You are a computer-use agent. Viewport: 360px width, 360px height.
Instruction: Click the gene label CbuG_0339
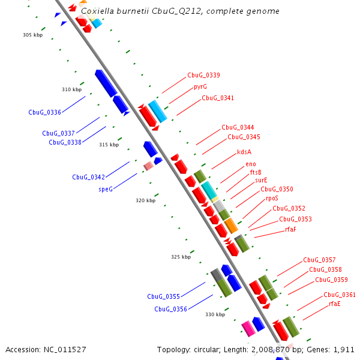pos(203,76)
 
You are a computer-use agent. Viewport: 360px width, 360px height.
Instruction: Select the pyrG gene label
pos(200,86)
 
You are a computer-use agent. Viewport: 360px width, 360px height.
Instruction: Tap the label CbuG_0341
pos(218,98)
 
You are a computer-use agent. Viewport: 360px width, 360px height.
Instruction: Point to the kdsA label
pos(244,152)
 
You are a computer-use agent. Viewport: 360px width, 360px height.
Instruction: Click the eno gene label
pos(251,164)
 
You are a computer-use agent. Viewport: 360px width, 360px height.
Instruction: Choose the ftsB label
pos(256,172)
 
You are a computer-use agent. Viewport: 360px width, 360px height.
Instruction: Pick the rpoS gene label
pos(272,198)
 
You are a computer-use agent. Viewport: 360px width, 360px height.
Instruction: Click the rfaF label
pos(291,229)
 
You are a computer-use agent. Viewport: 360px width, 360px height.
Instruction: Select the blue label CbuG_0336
pos(44,112)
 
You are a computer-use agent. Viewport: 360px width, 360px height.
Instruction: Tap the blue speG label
pos(106,188)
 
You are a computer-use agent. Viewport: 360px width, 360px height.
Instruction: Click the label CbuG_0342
pos(88,177)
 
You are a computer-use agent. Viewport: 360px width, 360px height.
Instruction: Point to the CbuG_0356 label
pos(170,309)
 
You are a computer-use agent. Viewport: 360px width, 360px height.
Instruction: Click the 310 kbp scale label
pos(71,89)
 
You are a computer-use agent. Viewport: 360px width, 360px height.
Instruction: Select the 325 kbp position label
pos(181,257)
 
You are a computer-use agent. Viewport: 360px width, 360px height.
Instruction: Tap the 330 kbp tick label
pos(215,314)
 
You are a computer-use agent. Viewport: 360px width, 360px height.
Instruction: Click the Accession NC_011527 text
pos(46,349)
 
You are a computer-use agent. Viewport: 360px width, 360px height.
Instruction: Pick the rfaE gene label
pos(335,304)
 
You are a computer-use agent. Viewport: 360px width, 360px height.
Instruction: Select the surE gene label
pos(261,180)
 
